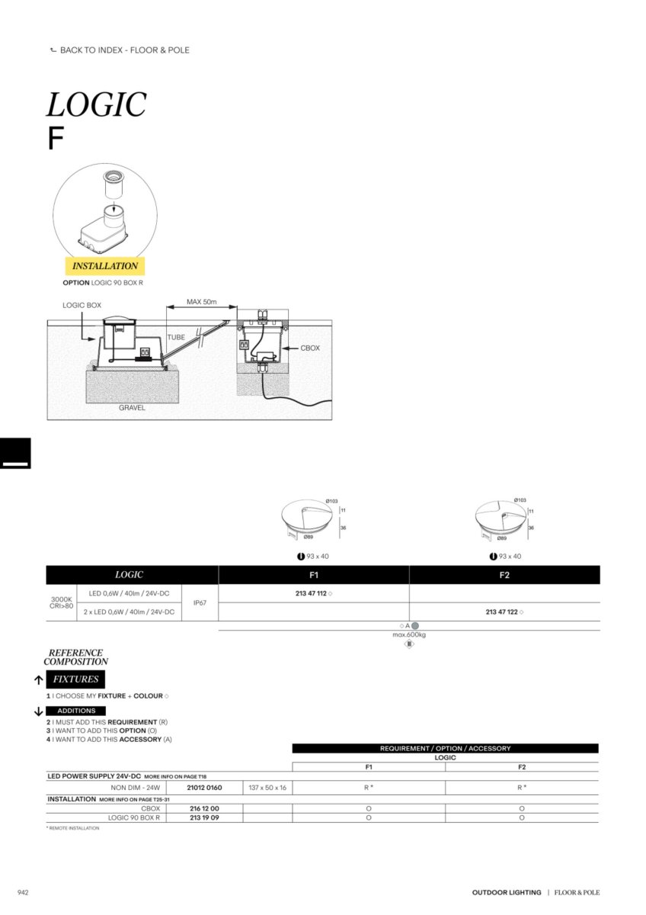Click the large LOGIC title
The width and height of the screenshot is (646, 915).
point(97,104)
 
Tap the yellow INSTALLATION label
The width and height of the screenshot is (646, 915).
point(105,266)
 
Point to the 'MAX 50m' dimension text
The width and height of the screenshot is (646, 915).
point(202,302)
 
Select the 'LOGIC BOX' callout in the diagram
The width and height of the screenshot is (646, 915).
point(82,305)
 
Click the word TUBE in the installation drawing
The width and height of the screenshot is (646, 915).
point(177,336)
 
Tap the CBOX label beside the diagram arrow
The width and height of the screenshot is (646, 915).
point(310,348)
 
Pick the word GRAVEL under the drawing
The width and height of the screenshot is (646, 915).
point(132,408)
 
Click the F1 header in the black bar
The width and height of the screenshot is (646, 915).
point(314,575)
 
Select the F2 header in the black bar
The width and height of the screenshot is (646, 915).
point(504,575)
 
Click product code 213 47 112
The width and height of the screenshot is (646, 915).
point(311,593)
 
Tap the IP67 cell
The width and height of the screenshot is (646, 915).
point(200,603)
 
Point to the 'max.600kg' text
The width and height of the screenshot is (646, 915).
point(409,634)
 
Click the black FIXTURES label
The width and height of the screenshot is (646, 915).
point(75,679)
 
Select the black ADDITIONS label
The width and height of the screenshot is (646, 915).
point(76,711)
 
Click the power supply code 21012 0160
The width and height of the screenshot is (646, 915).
point(204,788)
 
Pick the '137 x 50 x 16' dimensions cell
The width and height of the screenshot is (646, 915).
point(267,788)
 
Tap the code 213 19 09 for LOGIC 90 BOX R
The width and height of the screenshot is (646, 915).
point(204,817)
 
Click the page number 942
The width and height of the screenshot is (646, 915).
point(23,892)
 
